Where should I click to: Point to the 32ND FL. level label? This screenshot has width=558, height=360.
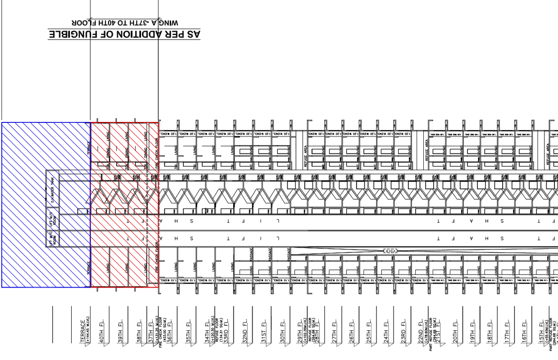click(x=245, y=332)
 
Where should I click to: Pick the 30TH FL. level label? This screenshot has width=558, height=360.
click(x=282, y=332)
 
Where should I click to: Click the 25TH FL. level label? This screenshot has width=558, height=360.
click(x=368, y=332)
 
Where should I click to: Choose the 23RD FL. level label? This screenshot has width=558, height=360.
click(x=404, y=332)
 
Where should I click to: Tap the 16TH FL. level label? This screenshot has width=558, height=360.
click(x=524, y=332)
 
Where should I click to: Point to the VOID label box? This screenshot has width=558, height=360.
click(x=390, y=250)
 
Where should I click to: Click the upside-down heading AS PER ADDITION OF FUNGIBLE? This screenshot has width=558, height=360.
click(x=124, y=34)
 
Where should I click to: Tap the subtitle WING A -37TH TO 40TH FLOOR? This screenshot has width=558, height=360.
click(x=125, y=22)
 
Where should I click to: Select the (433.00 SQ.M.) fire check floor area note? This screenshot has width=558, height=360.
click(x=165, y=333)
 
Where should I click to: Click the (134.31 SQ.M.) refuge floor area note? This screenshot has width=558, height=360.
click(x=221, y=333)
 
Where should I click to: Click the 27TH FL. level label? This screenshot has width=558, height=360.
click(x=335, y=332)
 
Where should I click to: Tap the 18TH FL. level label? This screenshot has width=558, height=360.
click(x=490, y=332)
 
